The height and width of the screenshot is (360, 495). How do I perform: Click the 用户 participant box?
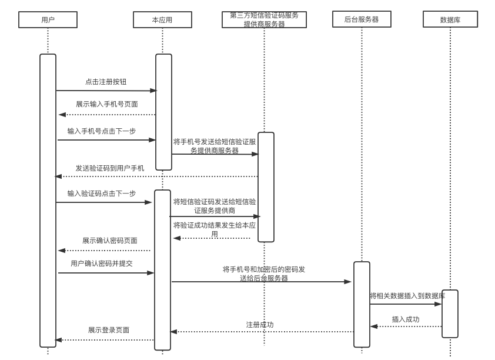(48, 19)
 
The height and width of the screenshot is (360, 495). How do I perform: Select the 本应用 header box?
(162, 19)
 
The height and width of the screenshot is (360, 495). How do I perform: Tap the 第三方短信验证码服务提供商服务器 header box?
(264, 19)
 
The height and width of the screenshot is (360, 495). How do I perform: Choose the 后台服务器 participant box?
(362, 19)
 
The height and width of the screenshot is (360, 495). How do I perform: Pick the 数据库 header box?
(450, 19)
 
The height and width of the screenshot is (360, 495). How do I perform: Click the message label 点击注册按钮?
(106, 82)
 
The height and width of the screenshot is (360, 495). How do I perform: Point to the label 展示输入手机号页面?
(106, 104)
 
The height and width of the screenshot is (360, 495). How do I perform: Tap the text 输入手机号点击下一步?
(101, 131)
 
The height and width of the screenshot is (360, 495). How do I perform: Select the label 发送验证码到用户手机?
(109, 168)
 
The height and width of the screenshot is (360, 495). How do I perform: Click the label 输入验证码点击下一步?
(101, 194)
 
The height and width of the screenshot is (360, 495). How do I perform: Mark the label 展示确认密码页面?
(109, 241)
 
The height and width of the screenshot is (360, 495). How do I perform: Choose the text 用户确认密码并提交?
(102, 264)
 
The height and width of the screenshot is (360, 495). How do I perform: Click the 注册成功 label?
(259, 325)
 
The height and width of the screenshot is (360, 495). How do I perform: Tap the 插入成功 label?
(406, 319)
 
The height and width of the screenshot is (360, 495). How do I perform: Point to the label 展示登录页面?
(109, 330)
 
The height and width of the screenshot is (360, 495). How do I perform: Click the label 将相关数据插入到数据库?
(407, 296)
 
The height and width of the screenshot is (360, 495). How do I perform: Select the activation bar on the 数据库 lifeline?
(450, 314)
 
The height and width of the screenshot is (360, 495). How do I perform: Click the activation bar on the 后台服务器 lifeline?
(362, 304)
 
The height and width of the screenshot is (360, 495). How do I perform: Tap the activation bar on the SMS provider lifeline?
(266, 186)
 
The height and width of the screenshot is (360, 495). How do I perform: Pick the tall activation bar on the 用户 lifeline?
(48, 200)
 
